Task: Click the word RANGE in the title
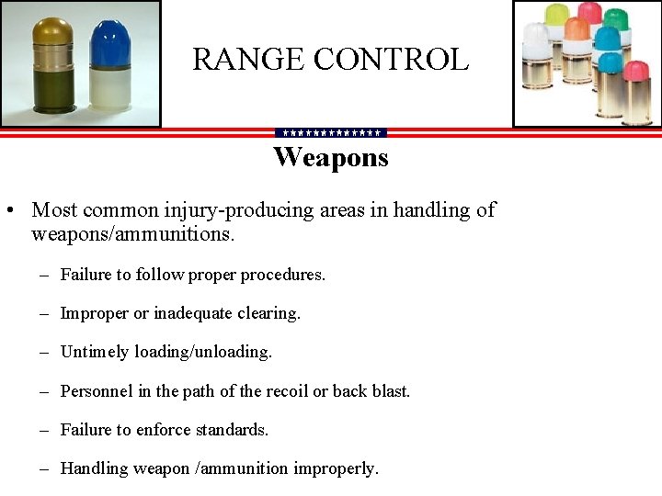(248, 60)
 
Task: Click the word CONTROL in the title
(392, 60)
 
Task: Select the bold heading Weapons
(331, 158)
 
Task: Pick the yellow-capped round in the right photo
(558, 16)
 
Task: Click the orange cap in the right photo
(576, 29)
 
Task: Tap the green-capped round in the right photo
(606, 37)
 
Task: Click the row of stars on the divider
(331, 133)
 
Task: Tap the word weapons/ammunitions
(133, 234)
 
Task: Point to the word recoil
(284, 391)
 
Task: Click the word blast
(389, 391)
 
